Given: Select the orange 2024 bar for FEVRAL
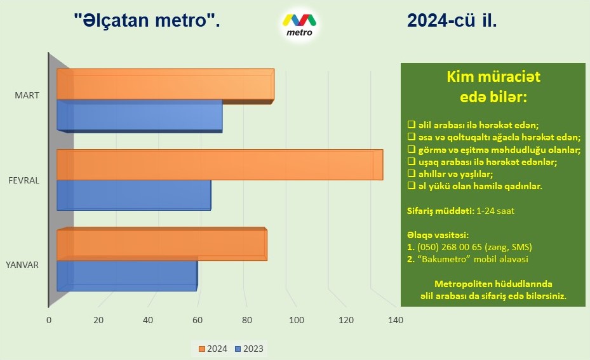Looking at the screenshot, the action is click(220, 165).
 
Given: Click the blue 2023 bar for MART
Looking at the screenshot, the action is click(140, 116).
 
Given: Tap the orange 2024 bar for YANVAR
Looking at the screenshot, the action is click(162, 244).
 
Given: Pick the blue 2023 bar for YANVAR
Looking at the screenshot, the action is click(127, 276).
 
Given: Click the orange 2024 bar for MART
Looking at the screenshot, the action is click(166, 86).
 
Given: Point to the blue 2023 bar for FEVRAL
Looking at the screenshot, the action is click(134, 195).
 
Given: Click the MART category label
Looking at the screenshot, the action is click(27, 95).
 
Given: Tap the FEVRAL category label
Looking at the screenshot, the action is click(23, 180).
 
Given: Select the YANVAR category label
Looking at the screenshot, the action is click(22, 265).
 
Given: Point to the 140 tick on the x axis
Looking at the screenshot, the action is click(396, 320).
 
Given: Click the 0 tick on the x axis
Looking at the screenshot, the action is click(49, 320).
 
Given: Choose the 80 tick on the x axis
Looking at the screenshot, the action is click(247, 320).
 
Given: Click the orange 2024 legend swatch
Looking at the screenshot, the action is click(202, 349).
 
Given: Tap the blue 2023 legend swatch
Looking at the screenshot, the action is click(238, 349).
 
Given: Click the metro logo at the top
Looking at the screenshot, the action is click(300, 25).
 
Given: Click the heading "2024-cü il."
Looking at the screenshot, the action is click(452, 20).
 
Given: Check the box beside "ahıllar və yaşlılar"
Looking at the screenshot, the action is click(412, 174).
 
